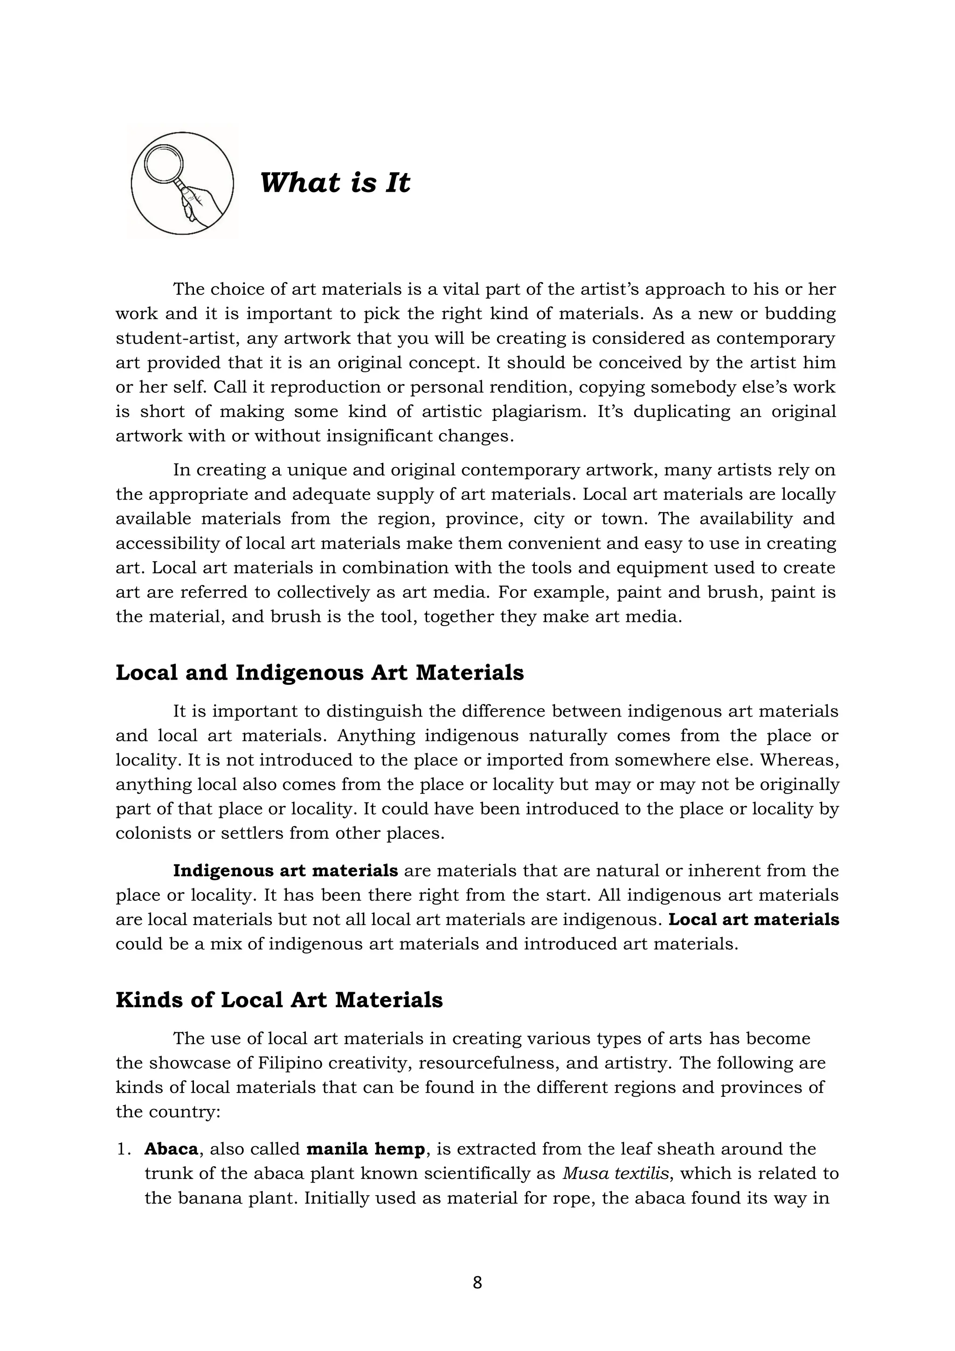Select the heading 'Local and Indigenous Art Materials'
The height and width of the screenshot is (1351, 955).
319,673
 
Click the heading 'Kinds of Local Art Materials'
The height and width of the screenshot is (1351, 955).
279,1000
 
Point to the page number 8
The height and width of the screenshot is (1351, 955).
477,1283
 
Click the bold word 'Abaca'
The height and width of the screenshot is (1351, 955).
171,1149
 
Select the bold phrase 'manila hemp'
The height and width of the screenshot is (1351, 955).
365,1149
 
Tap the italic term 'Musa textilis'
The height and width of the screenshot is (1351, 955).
616,1173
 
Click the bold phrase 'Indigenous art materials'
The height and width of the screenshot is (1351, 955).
285,870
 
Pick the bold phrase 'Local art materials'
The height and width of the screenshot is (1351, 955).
754,919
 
